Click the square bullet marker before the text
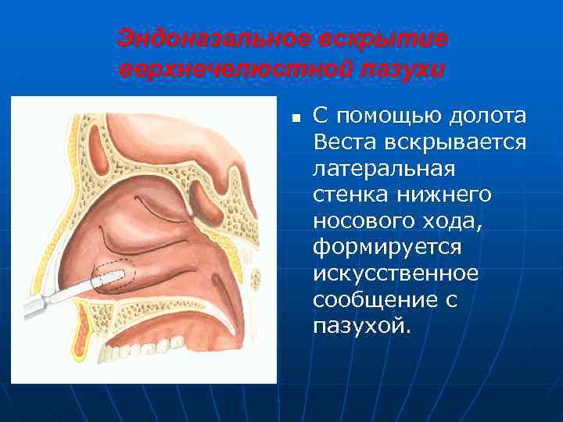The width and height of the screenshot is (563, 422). pyautogui.click(x=296, y=120)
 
